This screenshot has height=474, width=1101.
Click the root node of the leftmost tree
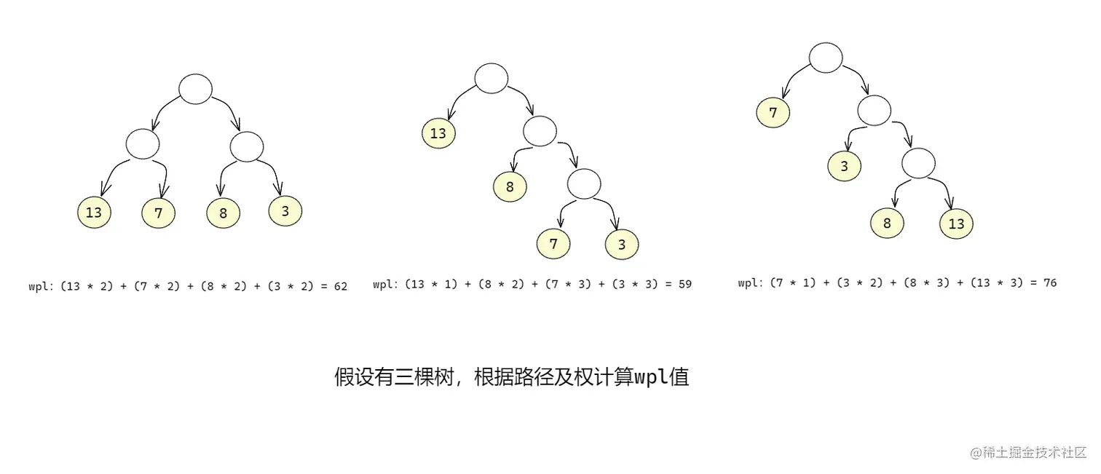195,89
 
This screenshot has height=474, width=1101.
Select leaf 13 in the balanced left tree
94,213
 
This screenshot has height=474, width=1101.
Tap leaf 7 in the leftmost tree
159,213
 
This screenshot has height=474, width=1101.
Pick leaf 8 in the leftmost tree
223,213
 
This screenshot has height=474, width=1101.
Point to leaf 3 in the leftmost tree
285,210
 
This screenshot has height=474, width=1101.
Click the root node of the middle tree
491,78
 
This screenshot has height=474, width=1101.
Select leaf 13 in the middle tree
438,133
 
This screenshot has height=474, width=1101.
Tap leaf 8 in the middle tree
510,186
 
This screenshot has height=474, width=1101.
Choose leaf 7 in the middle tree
553,243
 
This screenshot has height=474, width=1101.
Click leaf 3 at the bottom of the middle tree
621,245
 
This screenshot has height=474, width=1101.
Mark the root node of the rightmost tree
825,58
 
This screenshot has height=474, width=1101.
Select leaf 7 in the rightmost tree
773,112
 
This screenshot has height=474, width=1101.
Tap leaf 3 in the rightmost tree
844,166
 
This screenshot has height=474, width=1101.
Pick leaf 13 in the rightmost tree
955,224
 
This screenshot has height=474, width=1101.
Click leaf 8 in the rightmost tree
887,223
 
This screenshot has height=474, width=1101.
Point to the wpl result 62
340,287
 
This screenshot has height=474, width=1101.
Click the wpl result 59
684,284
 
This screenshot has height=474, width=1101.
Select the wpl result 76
1049,283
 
